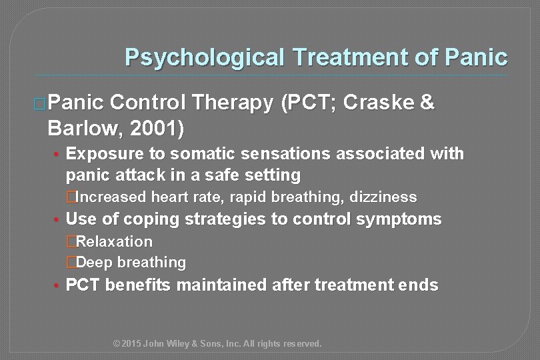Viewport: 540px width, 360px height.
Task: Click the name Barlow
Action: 79,127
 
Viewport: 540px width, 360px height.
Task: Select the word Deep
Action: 93,263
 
